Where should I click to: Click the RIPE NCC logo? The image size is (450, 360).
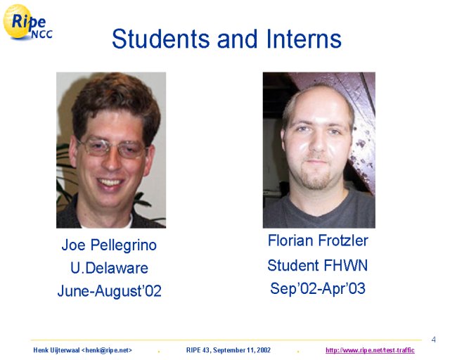(x=27, y=22)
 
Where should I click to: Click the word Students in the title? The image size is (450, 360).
(x=161, y=39)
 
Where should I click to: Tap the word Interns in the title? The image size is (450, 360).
(x=304, y=39)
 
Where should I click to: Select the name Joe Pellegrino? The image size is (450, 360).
(x=109, y=245)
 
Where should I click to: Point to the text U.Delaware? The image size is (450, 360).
(x=110, y=268)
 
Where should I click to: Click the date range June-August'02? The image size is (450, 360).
(x=110, y=291)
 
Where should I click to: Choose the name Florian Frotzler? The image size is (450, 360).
(x=318, y=240)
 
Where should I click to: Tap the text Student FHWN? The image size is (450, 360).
(x=317, y=265)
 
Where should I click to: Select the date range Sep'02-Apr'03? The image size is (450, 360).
(x=318, y=288)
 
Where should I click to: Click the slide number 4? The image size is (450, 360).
(x=433, y=340)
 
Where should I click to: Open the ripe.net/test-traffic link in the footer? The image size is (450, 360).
(x=370, y=350)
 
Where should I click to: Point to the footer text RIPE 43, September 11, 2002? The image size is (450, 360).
(x=229, y=350)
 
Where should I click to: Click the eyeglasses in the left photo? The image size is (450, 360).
(x=112, y=147)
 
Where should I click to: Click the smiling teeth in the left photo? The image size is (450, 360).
(x=110, y=182)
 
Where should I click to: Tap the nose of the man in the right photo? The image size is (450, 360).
(x=318, y=143)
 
